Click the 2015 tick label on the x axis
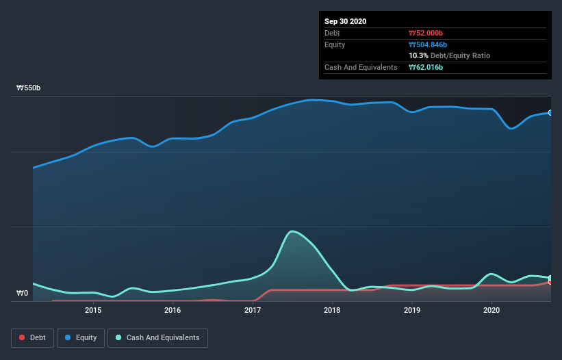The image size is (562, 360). [x=93, y=310]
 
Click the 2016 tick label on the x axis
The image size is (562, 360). [x=173, y=310]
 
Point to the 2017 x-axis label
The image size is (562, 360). [x=253, y=310]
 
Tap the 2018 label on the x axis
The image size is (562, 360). [x=332, y=310]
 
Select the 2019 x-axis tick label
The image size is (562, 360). [x=412, y=310]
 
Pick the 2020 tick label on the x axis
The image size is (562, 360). [x=491, y=310]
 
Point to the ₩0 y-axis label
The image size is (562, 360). [x=23, y=294]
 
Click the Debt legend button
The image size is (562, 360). [x=32, y=337]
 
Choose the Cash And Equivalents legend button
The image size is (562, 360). [x=157, y=337]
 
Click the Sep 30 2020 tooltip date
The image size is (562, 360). [x=346, y=21]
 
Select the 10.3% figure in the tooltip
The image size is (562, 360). [x=418, y=55]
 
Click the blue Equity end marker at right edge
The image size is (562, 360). [x=550, y=112]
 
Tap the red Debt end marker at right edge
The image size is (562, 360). [x=550, y=282]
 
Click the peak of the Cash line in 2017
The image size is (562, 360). [x=292, y=231]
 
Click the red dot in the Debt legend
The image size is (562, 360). [x=23, y=337]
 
